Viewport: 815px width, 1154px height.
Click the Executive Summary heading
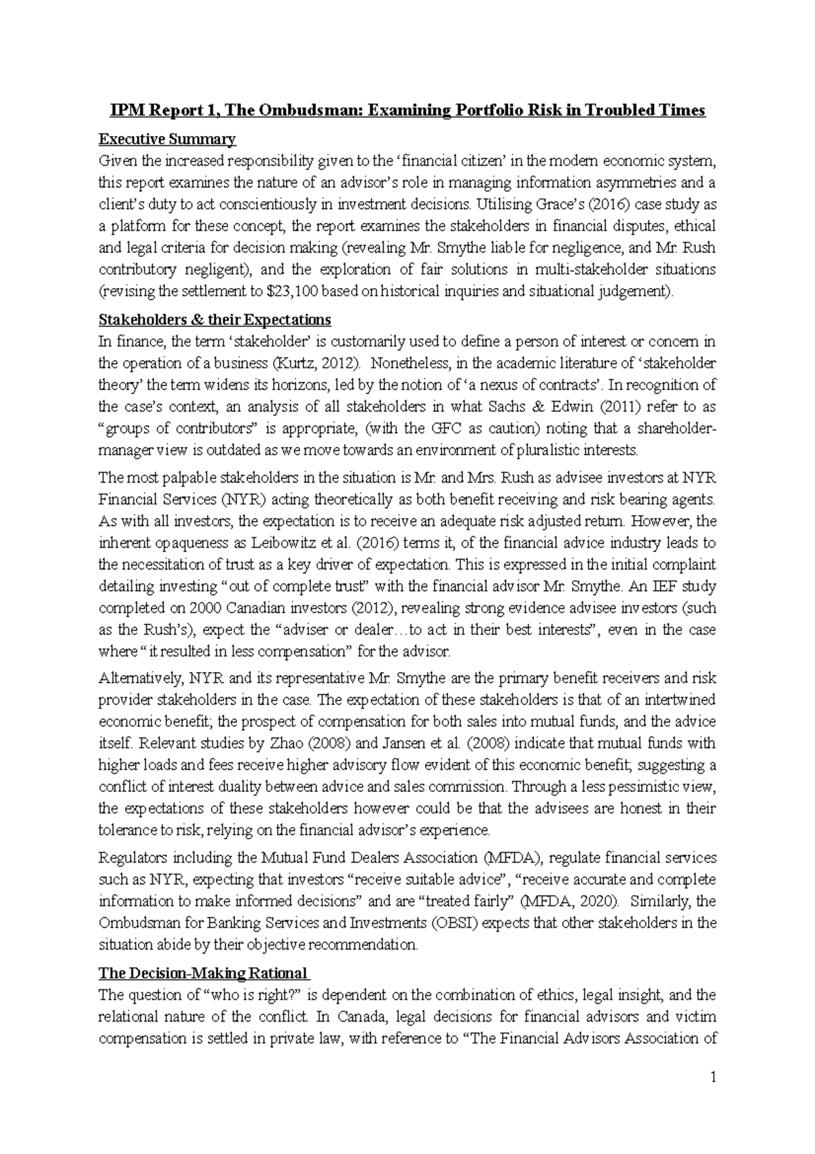click(167, 139)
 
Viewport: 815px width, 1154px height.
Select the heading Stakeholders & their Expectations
click(215, 319)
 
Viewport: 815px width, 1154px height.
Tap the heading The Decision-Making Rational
click(203, 973)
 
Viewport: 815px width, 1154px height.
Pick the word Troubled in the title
click(624, 110)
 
